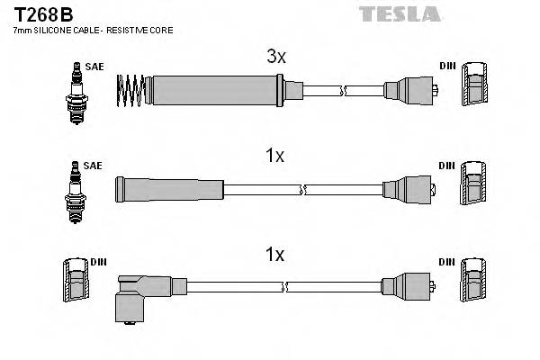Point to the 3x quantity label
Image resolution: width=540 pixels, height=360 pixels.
tap(276, 57)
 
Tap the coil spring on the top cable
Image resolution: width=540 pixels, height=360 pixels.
tap(132, 90)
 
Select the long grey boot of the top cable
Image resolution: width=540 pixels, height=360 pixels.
tap(216, 90)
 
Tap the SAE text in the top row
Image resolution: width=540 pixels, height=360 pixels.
tap(94, 67)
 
